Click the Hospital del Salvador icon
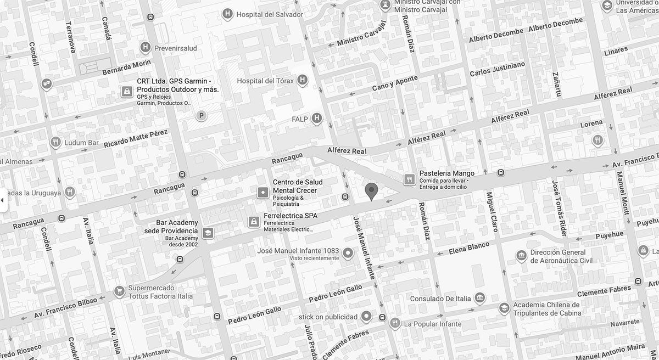click(227, 14)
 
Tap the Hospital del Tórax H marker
click(301, 81)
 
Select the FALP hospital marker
click(316, 118)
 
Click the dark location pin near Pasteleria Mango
click(372, 192)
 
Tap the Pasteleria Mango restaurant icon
click(409, 179)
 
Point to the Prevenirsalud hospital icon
click(145, 48)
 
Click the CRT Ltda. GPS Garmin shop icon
click(127, 91)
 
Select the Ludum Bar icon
click(55, 143)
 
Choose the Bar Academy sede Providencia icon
click(208, 233)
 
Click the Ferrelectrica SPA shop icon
click(254, 221)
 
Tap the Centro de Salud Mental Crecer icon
click(263, 192)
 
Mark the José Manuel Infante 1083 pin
click(347, 254)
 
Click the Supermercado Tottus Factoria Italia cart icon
click(119, 291)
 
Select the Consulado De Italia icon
click(480, 298)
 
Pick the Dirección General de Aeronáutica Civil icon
click(521, 256)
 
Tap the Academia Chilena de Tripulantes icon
click(504, 309)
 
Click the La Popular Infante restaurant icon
click(394, 323)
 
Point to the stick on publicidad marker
click(367, 317)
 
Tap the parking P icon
click(202, 115)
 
